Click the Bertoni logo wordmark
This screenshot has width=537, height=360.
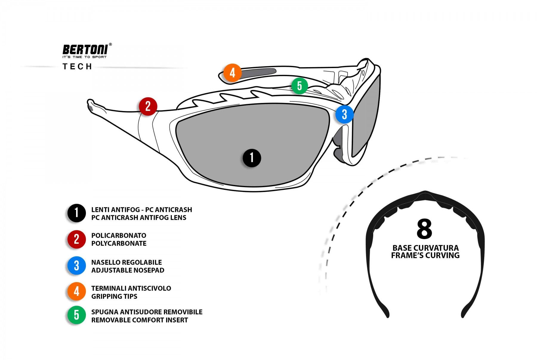[x=85, y=49]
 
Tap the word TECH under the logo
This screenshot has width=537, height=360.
[x=77, y=67]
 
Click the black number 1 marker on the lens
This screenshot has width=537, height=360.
[x=252, y=158]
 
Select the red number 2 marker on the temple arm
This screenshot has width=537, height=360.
[x=148, y=106]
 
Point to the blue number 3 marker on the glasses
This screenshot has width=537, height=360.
[x=344, y=114]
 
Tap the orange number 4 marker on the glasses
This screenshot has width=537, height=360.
[x=232, y=73]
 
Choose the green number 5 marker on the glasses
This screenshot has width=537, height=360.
[x=300, y=86]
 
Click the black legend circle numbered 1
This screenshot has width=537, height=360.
[x=76, y=213]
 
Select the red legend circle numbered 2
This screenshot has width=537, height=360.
[x=76, y=239]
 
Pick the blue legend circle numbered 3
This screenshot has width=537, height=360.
[x=76, y=265]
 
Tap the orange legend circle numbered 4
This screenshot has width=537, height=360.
[x=76, y=291]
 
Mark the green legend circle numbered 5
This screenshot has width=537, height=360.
[x=76, y=315]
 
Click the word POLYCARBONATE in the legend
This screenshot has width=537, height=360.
[x=119, y=244]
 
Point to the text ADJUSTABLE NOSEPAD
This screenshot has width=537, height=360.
[x=128, y=270]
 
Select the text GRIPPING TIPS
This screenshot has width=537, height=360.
[x=114, y=296]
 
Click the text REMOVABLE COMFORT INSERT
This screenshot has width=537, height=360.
[x=140, y=320]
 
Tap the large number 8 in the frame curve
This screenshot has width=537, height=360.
[x=424, y=229]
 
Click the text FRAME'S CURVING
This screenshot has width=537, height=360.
[x=425, y=256]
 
